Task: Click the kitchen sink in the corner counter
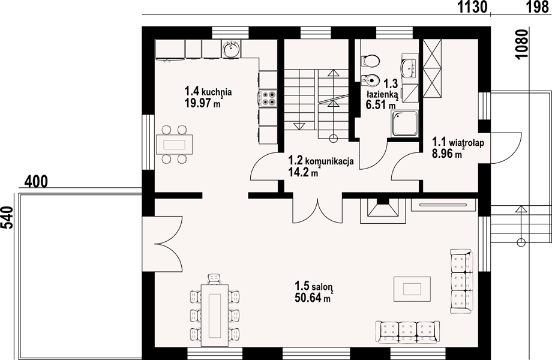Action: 231,48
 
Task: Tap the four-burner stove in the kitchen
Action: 268,98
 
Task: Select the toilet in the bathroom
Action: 370,61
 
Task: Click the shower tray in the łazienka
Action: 404,123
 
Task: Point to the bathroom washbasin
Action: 409,68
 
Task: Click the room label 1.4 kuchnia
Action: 208,91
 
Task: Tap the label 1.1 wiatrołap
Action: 458,142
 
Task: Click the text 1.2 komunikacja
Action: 321,161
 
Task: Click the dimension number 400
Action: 35,182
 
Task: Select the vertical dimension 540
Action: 7,217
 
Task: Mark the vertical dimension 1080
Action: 523,44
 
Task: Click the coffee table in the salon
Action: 412,289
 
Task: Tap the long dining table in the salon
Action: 214,314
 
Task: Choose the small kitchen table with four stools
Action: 175,144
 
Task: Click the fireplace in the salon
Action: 382,211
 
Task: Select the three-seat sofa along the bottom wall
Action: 407,331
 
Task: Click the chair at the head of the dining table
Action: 214,279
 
